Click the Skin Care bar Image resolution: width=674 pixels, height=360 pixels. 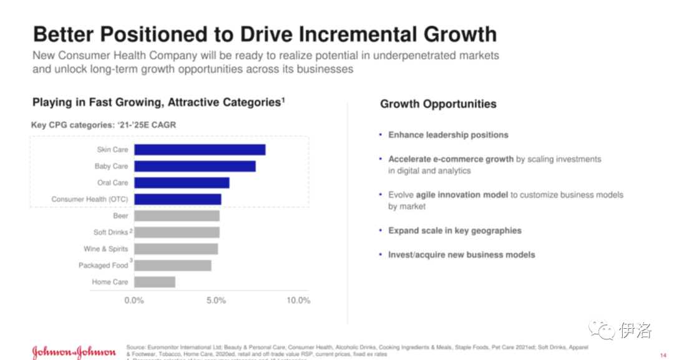pos(200,150)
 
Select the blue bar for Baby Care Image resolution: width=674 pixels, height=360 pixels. pos(195,166)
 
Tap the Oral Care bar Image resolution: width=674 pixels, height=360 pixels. pos(182,183)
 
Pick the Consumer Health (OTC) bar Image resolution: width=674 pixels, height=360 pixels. pos(178,199)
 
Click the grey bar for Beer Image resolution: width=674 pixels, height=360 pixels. pos(177,216)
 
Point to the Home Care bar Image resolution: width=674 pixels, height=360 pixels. pos(155,282)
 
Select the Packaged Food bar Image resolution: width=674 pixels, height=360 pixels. pos(173,265)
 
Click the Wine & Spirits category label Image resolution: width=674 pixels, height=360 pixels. pos(106,249)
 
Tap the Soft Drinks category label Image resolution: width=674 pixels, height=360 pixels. pos(111,233)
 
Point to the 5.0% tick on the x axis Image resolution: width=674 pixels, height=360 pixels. pos(216,301)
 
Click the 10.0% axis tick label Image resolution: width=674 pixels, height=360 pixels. pos(298,301)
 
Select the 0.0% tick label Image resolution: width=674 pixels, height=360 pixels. pos(134,301)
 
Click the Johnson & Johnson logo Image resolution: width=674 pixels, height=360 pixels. pos(74,351)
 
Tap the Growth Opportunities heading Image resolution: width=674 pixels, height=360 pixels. pos(438,104)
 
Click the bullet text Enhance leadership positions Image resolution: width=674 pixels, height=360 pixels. pos(448,135)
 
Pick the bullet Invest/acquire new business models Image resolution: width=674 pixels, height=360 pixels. pos(461,255)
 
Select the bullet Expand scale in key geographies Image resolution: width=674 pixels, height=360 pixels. pos(454,231)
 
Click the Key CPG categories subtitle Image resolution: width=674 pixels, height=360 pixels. pos(104,125)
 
